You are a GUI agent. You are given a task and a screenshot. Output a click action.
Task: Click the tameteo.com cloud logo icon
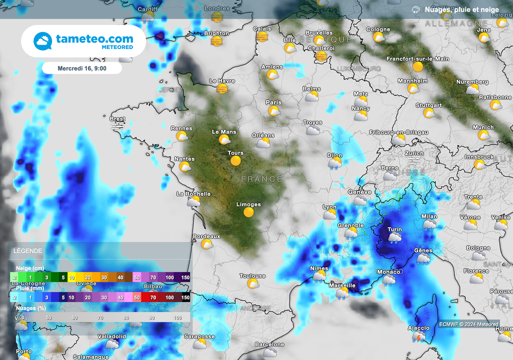[x=43, y=41]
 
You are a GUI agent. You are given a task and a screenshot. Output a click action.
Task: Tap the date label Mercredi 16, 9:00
[x=82, y=68]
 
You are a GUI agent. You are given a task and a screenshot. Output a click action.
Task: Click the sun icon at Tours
[x=235, y=161]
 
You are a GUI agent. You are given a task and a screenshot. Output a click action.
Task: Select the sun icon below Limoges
[x=248, y=212]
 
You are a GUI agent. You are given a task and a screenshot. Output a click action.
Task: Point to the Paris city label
[x=274, y=102]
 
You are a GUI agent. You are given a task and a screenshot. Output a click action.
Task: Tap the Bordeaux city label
[x=206, y=236]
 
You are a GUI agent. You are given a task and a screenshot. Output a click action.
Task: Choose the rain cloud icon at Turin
[x=395, y=238]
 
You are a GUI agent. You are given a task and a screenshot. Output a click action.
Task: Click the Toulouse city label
[x=252, y=276]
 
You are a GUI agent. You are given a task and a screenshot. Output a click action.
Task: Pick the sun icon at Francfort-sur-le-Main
[x=418, y=67]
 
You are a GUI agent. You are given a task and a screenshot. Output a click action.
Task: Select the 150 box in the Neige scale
[x=185, y=277]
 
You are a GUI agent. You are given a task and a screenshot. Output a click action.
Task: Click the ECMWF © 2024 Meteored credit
[x=469, y=324]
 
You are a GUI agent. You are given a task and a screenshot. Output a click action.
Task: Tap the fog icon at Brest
[x=117, y=127]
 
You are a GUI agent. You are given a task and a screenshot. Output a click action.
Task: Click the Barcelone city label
[x=270, y=344]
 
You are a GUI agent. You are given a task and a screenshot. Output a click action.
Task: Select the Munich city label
[x=483, y=127]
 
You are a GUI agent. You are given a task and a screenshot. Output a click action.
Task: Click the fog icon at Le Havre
[x=222, y=89]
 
